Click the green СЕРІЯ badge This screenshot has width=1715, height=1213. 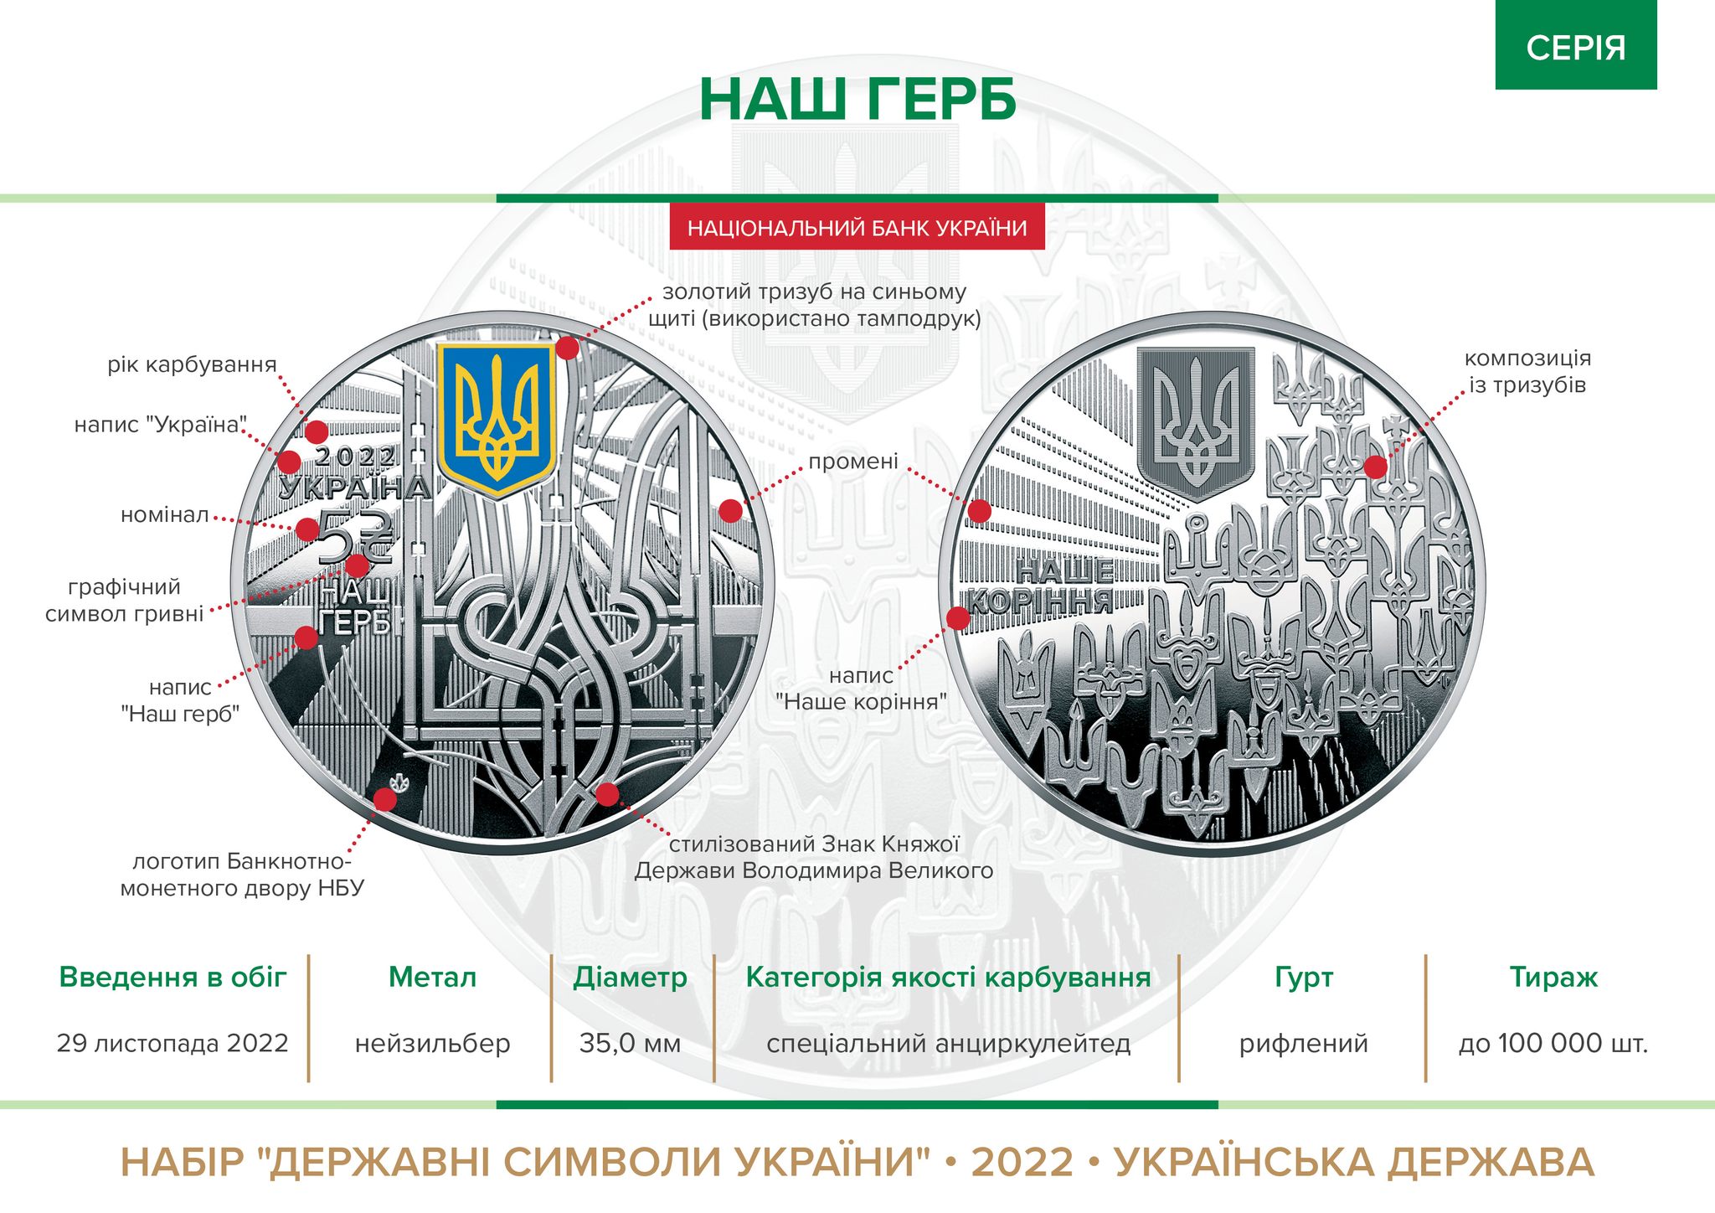[1575, 47]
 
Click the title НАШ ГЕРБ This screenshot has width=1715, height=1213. [857, 101]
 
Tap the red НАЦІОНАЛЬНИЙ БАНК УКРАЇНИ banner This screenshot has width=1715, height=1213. [857, 228]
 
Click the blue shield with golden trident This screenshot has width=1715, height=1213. [496, 416]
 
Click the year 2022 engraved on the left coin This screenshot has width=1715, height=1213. [356, 457]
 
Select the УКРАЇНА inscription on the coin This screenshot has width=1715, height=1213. [355, 488]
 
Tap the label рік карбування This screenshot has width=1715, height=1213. [192, 365]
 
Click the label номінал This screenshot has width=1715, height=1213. [165, 515]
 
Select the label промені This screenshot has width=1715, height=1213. [852, 462]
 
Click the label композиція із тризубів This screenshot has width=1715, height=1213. [1527, 371]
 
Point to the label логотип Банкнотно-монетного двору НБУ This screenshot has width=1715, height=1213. [242, 875]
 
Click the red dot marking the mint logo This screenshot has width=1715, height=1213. [384, 799]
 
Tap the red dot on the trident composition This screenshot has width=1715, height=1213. [1375, 467]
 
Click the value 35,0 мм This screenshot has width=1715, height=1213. [630, 1044]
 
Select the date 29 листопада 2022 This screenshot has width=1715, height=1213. [173, 1044]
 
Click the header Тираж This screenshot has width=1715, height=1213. [1553, 978]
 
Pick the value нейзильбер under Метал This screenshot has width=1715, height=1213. [432, 1044]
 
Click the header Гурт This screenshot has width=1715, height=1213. [1303, 978]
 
